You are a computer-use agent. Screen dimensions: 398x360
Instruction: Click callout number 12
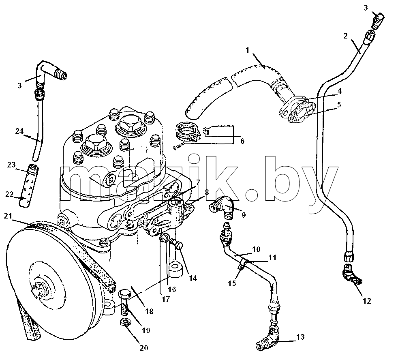[x=367, y=301]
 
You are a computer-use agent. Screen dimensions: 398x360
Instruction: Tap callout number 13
[x=300, y=337]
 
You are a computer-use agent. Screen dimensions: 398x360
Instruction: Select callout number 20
[x=143, y=347]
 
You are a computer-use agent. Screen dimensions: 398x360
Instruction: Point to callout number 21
[x=8, y=216]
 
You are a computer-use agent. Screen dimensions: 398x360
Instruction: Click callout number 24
[x=19, y=131]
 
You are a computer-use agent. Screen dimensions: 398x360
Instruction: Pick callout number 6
[x=242, y=141]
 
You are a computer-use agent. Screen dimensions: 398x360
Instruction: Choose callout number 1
[x=248, y=50]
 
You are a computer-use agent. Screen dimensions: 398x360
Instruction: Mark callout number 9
[x=244, y=215]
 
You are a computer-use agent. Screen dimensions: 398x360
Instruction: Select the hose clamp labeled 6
[x=187, y=133]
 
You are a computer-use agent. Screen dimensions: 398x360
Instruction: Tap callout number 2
[x=345, y=36]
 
